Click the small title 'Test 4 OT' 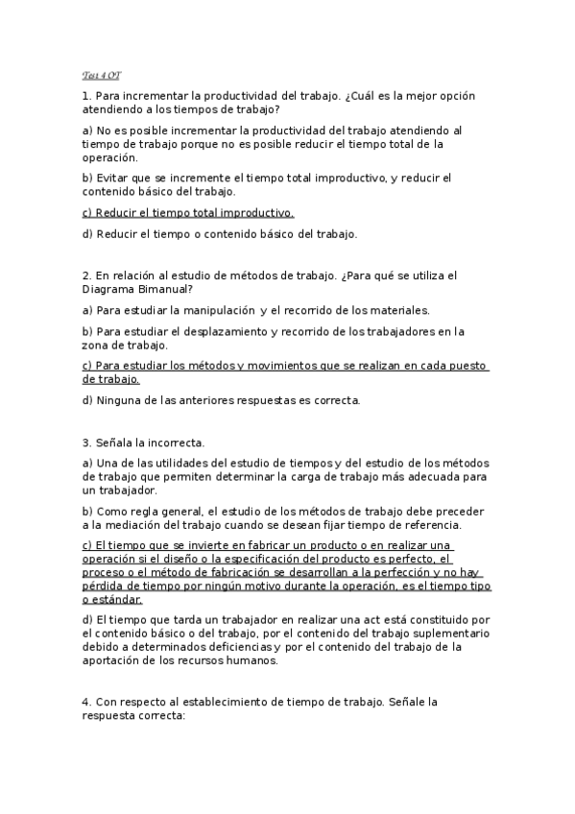click(x=101, y=74)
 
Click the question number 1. click(x=85, y=96)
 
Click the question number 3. click(x=85, y=443)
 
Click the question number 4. click(x=85, y=703)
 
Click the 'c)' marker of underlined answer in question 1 click(x=87, y=212)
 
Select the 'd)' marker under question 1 click(x=88, y=233)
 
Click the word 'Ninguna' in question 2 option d click(x=118, y=400)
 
